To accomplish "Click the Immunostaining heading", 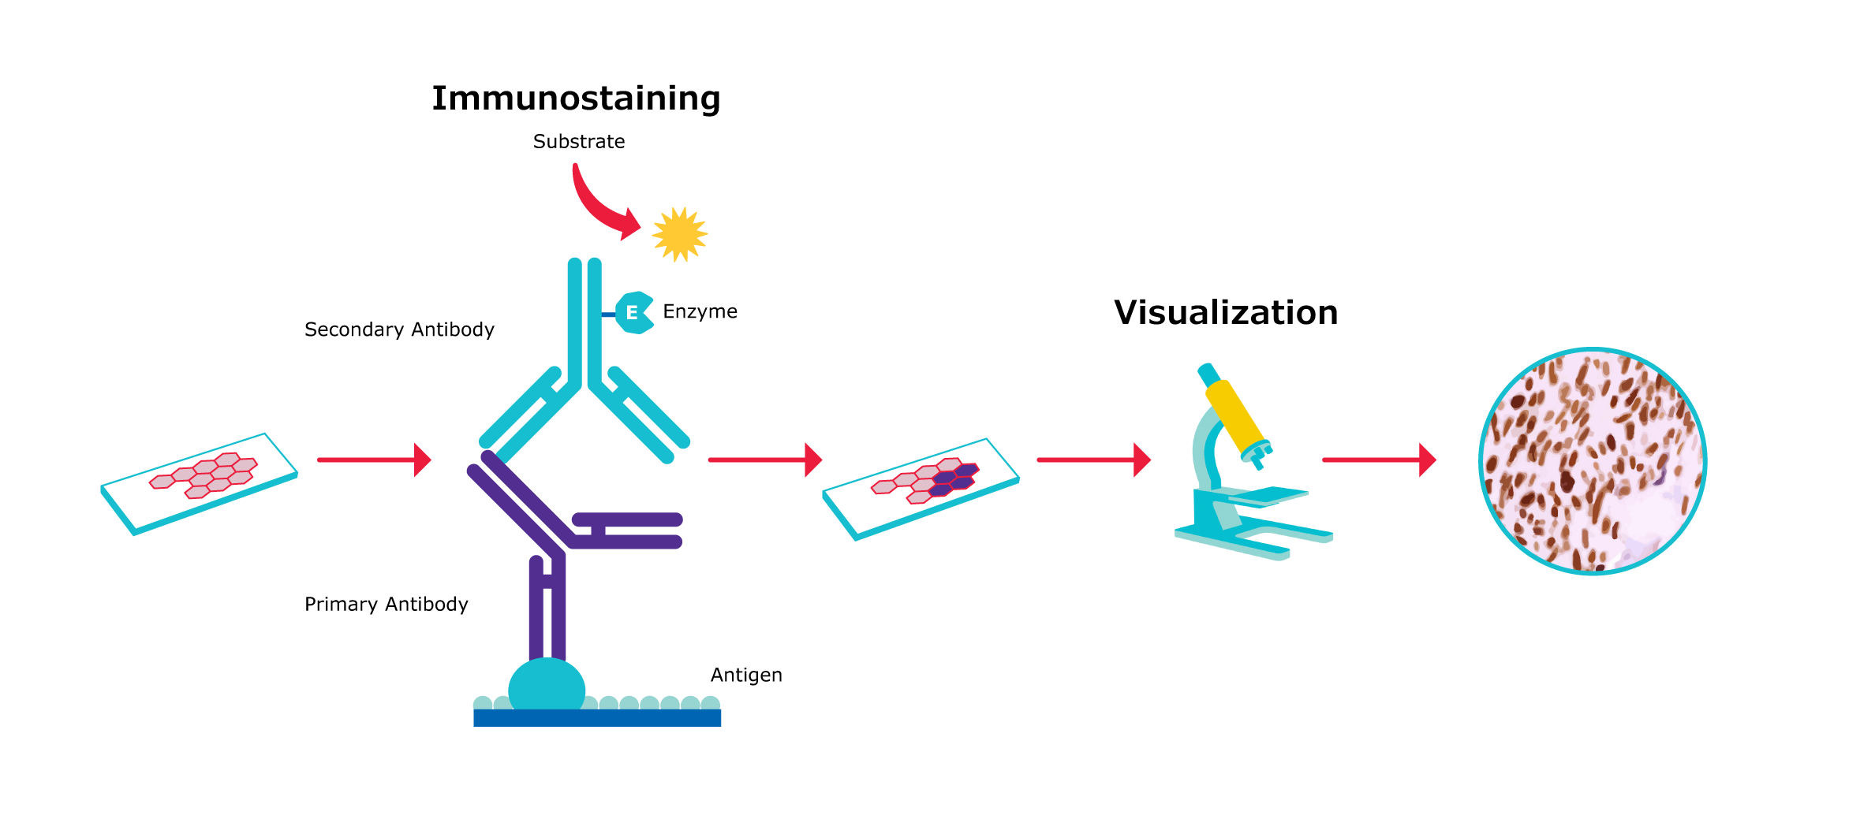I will click(576, 99).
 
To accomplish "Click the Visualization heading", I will click(1226, 313).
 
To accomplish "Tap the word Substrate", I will click(578, 142).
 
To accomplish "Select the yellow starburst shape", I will click(679, 234).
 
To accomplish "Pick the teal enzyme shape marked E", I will click(633, 313).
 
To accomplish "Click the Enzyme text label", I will click(700, 311).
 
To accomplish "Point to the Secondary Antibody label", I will click(399, 329).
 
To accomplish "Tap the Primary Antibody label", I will click(386, 605).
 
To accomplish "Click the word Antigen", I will click(746, 676).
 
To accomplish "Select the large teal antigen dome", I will click(547, 687).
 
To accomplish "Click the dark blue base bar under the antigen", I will click(597, 718).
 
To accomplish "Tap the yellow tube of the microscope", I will click(1236, 415).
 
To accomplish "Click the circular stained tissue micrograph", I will click(1593, 461).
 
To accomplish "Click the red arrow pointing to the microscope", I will click(1093, 460).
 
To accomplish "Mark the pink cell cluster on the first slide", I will click(204, 475).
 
